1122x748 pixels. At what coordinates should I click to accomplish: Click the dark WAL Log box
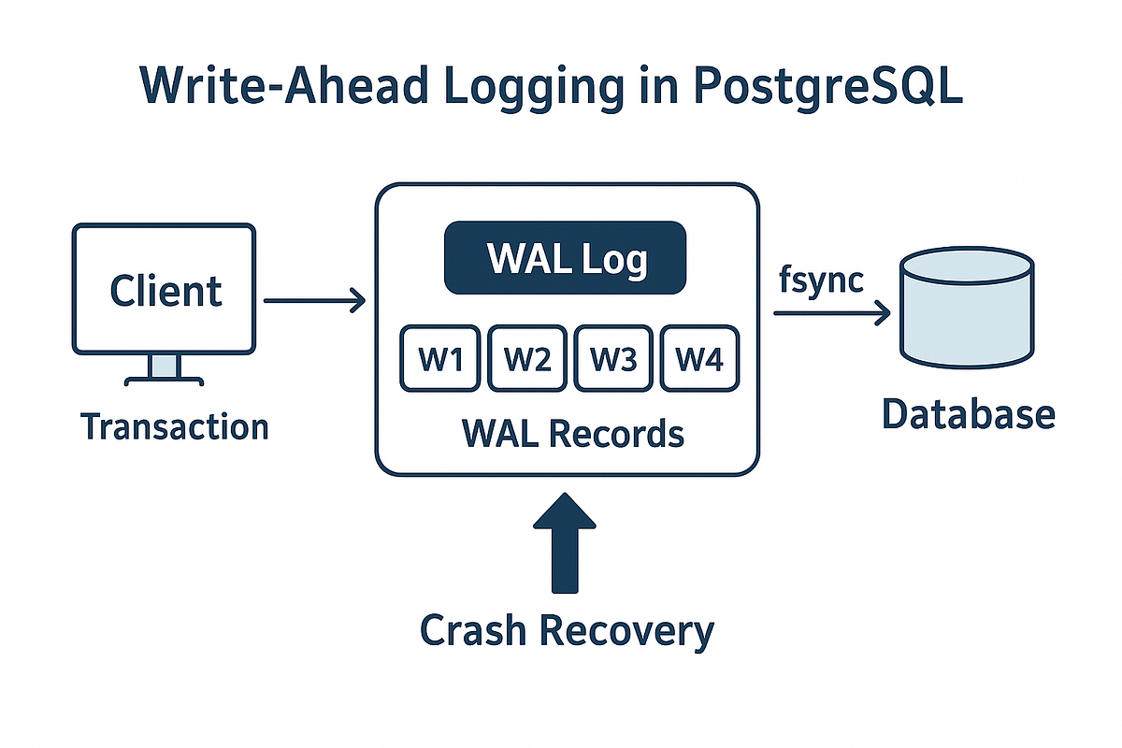[565, 258]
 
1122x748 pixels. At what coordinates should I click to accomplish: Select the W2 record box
[526, 359]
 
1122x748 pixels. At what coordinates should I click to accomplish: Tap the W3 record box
[613, 359]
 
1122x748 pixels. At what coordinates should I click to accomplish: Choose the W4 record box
[699, 359]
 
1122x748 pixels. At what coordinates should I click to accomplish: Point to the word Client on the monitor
[165, 291]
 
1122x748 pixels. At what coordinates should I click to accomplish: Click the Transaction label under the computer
[175, 427]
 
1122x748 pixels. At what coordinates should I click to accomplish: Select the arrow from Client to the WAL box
[314, 301]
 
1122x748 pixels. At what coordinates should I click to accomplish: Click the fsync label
[820, 280]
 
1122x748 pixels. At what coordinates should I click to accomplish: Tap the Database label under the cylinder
[968, 414]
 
